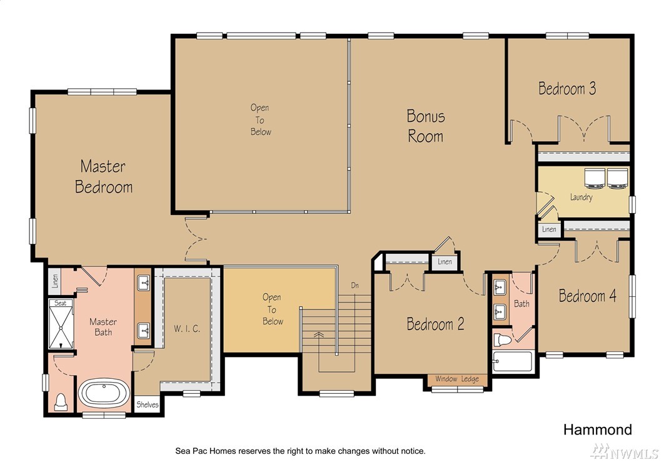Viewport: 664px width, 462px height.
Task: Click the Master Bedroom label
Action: (104, 176)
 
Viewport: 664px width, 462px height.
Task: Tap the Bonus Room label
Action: (426, 126)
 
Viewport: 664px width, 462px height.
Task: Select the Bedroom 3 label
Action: (567, 89)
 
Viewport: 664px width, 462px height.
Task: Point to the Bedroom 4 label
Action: (587, 296)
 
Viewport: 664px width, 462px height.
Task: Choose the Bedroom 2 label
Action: (435, 324)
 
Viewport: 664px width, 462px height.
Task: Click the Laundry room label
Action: (581, 197)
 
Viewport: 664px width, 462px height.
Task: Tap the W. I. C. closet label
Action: (187, 329)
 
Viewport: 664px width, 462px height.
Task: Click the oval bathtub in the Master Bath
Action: (104, 393)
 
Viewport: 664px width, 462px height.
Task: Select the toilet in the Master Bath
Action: (61, 401)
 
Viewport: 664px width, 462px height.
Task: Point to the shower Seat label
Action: (61, 303)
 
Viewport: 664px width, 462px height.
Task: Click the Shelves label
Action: (148, 404)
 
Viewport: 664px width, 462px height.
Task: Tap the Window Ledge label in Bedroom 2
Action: (457, 379)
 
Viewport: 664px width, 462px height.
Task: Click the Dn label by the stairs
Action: (355, 286)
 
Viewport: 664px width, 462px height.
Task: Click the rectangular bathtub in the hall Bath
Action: (513, 361)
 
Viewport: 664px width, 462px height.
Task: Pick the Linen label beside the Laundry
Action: (549, 229)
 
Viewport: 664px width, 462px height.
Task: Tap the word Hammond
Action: (598, 430)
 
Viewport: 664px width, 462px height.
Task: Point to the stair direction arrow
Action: (318, 334)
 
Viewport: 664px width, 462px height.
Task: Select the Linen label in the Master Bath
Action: (55, 281)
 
